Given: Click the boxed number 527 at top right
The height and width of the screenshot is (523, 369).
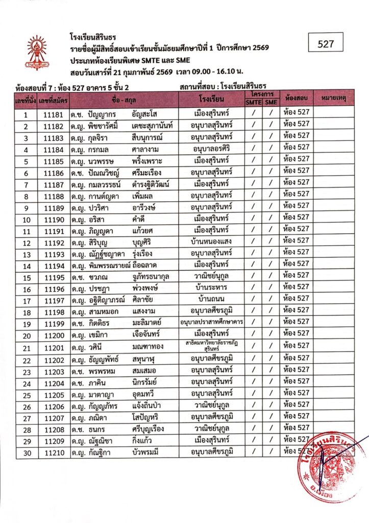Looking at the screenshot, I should coord(325,44).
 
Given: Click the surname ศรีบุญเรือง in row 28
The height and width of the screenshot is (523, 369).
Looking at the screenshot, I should coord(151,429).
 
